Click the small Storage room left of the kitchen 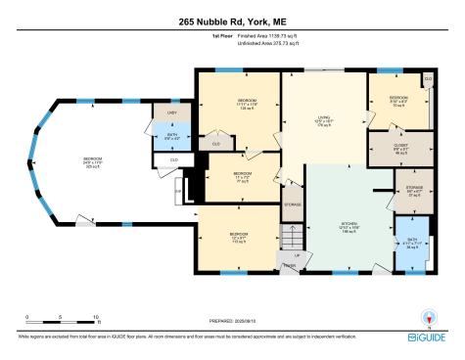[x=293, y=204]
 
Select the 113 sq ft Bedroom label [x=239, y=236]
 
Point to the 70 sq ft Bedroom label [x=398, y=100]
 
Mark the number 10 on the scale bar [x=97, y=317]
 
